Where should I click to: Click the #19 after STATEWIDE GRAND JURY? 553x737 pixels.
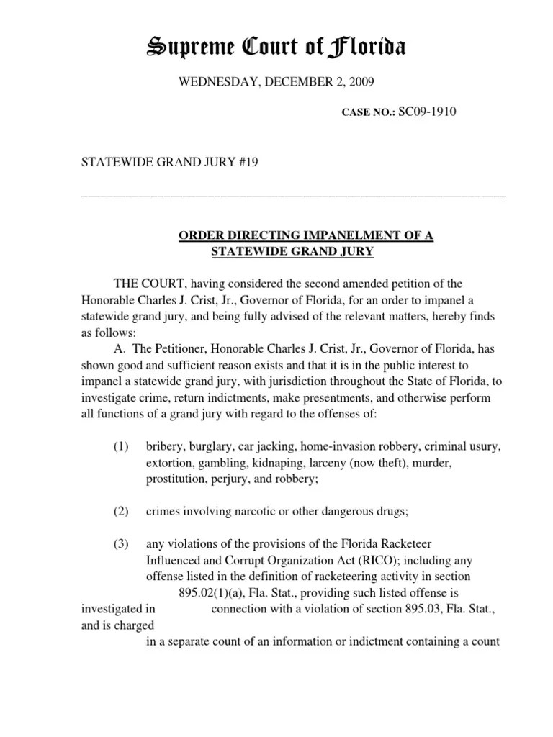tap(247, 163)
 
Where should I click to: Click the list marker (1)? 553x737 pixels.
tap(120, 447)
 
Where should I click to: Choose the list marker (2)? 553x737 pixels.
tap(120, 511)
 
